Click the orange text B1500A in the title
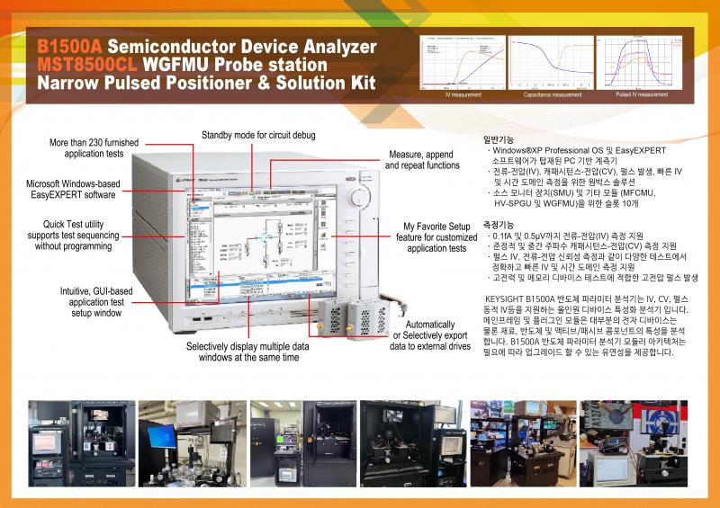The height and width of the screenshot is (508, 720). [69, 46]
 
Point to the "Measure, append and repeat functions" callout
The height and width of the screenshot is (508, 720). [423, 160]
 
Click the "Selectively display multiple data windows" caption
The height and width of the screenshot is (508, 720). [242, 352]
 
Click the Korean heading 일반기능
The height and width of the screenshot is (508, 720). [499, 139]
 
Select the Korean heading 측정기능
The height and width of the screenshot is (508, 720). [499, 224]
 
